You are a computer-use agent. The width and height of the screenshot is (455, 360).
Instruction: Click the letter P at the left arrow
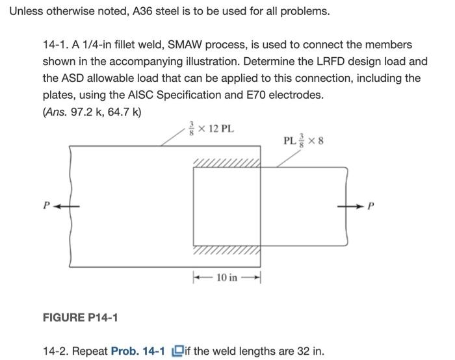click(x=46, y=205)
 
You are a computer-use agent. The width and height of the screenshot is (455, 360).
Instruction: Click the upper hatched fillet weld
click(x=226, y=162)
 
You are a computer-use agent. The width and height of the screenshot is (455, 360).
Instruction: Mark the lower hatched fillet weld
click(x=226, y=250)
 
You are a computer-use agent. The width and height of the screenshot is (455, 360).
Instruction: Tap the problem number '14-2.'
click(x=55, y=352)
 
